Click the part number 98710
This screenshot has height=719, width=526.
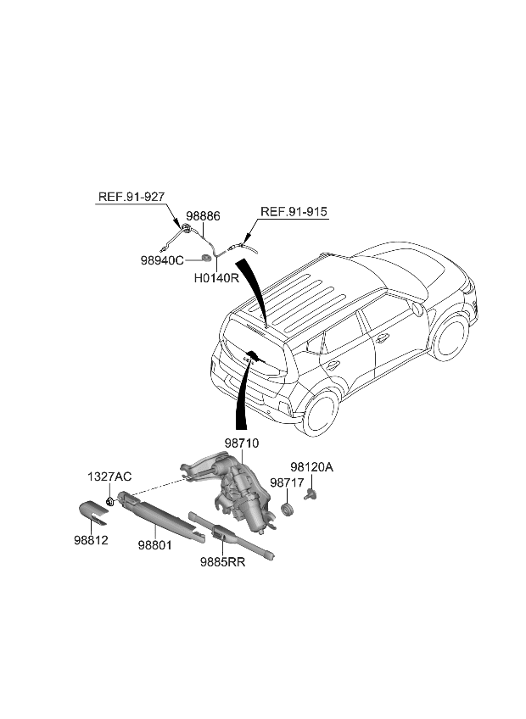(242, 443)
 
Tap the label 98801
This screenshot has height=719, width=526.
(155, 546)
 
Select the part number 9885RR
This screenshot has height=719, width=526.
(222, 561)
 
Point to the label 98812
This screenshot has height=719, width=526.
(89, 540)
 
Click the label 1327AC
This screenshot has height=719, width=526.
(109, 477)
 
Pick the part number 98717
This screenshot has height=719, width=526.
(287, 482)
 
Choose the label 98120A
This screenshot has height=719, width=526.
(312, 466)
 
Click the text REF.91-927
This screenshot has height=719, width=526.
(131, 197)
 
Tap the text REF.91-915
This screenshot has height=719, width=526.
(294, 212)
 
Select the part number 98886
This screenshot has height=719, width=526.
(203, 217)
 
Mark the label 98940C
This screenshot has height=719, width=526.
(162, 260)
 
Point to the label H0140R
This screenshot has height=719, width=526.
(217, 277)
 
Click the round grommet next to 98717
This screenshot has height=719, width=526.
(287, 509)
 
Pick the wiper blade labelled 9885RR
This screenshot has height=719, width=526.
(229, 536)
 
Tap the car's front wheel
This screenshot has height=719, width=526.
(449, 337)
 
